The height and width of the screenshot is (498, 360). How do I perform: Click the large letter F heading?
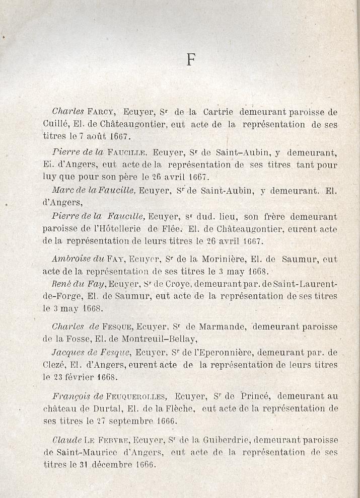tap(190, 60)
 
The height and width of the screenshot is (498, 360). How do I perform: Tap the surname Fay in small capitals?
tap(115, 260)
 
